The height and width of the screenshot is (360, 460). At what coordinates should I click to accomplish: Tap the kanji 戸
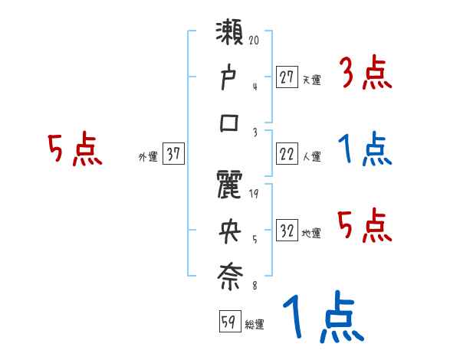(x=231, y=79)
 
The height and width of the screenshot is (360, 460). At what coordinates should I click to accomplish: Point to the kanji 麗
(x=231, y=187)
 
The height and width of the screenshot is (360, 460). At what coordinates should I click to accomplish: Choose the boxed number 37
(x=173, y=155)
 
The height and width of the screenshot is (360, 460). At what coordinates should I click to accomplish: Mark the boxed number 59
(x=229, y=322)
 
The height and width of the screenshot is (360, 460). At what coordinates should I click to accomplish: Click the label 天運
(x=311, y=80)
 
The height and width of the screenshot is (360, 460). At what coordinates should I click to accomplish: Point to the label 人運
(x=311, y=157)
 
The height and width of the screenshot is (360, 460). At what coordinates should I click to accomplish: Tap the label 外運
(x=148, y=157)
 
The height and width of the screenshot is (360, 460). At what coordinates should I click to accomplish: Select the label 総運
(x=254, y=324)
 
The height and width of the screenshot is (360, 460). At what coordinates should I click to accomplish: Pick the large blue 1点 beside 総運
(x=322, y=318)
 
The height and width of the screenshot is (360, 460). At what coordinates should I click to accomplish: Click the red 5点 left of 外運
(x=74, y=150)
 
